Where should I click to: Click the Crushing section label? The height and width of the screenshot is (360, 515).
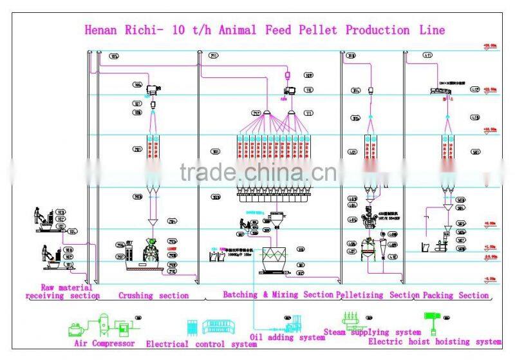[x=153, y=296]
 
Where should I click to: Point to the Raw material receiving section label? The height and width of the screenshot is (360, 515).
[x=62, y=292]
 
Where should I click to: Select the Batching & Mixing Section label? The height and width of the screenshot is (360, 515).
[x=278, y=295]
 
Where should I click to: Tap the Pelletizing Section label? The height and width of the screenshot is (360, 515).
[x=378, y=295]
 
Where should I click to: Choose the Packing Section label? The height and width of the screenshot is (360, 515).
[x=455, y=295]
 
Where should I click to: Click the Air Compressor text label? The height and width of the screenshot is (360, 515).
[x=104, y=344]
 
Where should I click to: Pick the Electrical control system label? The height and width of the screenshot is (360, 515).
[x=201, y=345]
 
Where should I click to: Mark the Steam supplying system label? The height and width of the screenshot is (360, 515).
[x=381, y=332]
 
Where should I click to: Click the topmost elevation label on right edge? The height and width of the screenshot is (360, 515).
[x=491, y=46]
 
